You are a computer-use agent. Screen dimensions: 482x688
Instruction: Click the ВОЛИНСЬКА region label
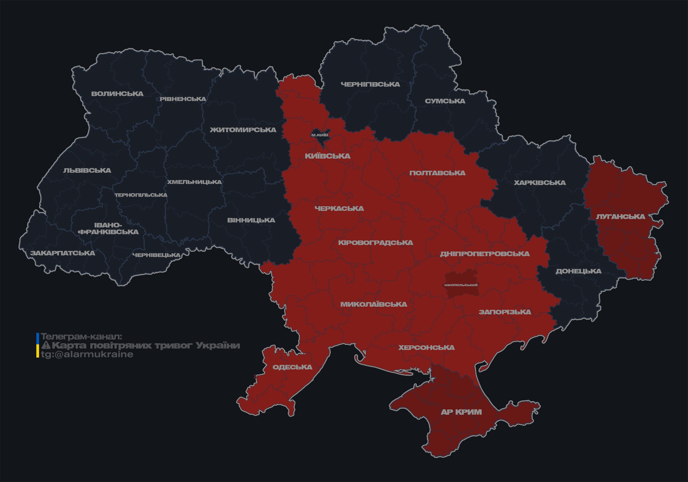pos(117,94)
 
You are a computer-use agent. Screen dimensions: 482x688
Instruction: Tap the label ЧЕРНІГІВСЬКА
pos(370,84)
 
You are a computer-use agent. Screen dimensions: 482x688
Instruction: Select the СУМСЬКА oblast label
pos(445,101)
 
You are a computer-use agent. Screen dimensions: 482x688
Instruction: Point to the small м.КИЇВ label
pos(320,135)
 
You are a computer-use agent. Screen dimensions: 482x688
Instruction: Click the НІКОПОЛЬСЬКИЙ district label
pos(461,285)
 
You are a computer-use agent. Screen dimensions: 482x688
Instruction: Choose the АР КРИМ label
pos(461,412)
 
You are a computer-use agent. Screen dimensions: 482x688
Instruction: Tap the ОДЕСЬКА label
pos(293,367)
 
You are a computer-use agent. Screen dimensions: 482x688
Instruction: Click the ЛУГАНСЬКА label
pos(620,216)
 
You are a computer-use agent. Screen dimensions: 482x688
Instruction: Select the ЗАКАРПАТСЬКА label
pos(62,253)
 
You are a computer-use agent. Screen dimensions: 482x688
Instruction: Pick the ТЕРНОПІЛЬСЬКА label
pos(141,195)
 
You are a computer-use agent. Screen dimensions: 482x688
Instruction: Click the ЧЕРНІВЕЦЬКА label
pos(156,255)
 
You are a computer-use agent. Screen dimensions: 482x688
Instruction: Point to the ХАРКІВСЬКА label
pos(540,183)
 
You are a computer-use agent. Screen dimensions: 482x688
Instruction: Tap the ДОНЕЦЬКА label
pos(578,271)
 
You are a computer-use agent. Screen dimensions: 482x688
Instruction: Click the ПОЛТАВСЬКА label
pos(437,173)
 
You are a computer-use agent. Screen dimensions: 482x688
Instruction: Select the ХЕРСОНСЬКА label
pos(427,347)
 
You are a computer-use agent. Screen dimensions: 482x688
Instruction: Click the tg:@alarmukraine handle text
pos(87,354)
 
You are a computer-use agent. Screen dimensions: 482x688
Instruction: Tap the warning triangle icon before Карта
pos(46,345)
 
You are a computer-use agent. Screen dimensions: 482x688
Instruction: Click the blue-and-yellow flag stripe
pos(38,345)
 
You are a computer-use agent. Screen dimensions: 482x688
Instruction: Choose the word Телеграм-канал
pos(81,337)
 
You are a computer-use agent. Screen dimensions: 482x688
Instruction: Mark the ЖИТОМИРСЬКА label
pos(243,130)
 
